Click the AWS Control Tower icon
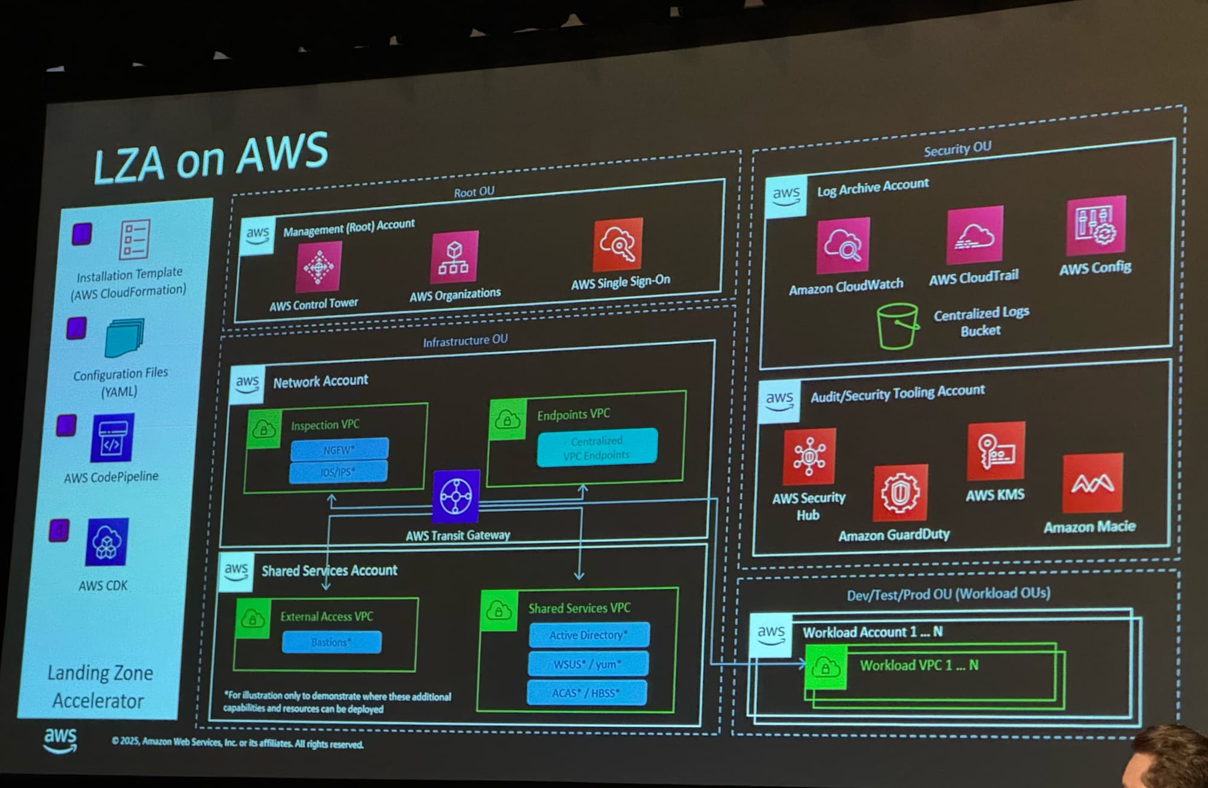point(318,266)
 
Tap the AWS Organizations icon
point(454,257)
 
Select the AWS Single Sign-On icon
point(617,245)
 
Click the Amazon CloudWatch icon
point(843,246)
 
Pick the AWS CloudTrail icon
point(974,235)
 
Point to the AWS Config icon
point(1096,226)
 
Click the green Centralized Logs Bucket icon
point(898,326)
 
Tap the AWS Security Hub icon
point(809,456)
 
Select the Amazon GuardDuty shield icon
point(900,493)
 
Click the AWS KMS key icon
point(996,451)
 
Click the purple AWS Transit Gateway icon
point(456,496)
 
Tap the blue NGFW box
point(339,450)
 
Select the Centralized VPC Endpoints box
point(597,447)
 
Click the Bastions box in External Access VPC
point(332,642)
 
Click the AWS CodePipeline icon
point(112,438)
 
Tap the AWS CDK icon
point(106,542)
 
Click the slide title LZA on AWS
point(211,159)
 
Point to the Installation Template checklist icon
point(134,240)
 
